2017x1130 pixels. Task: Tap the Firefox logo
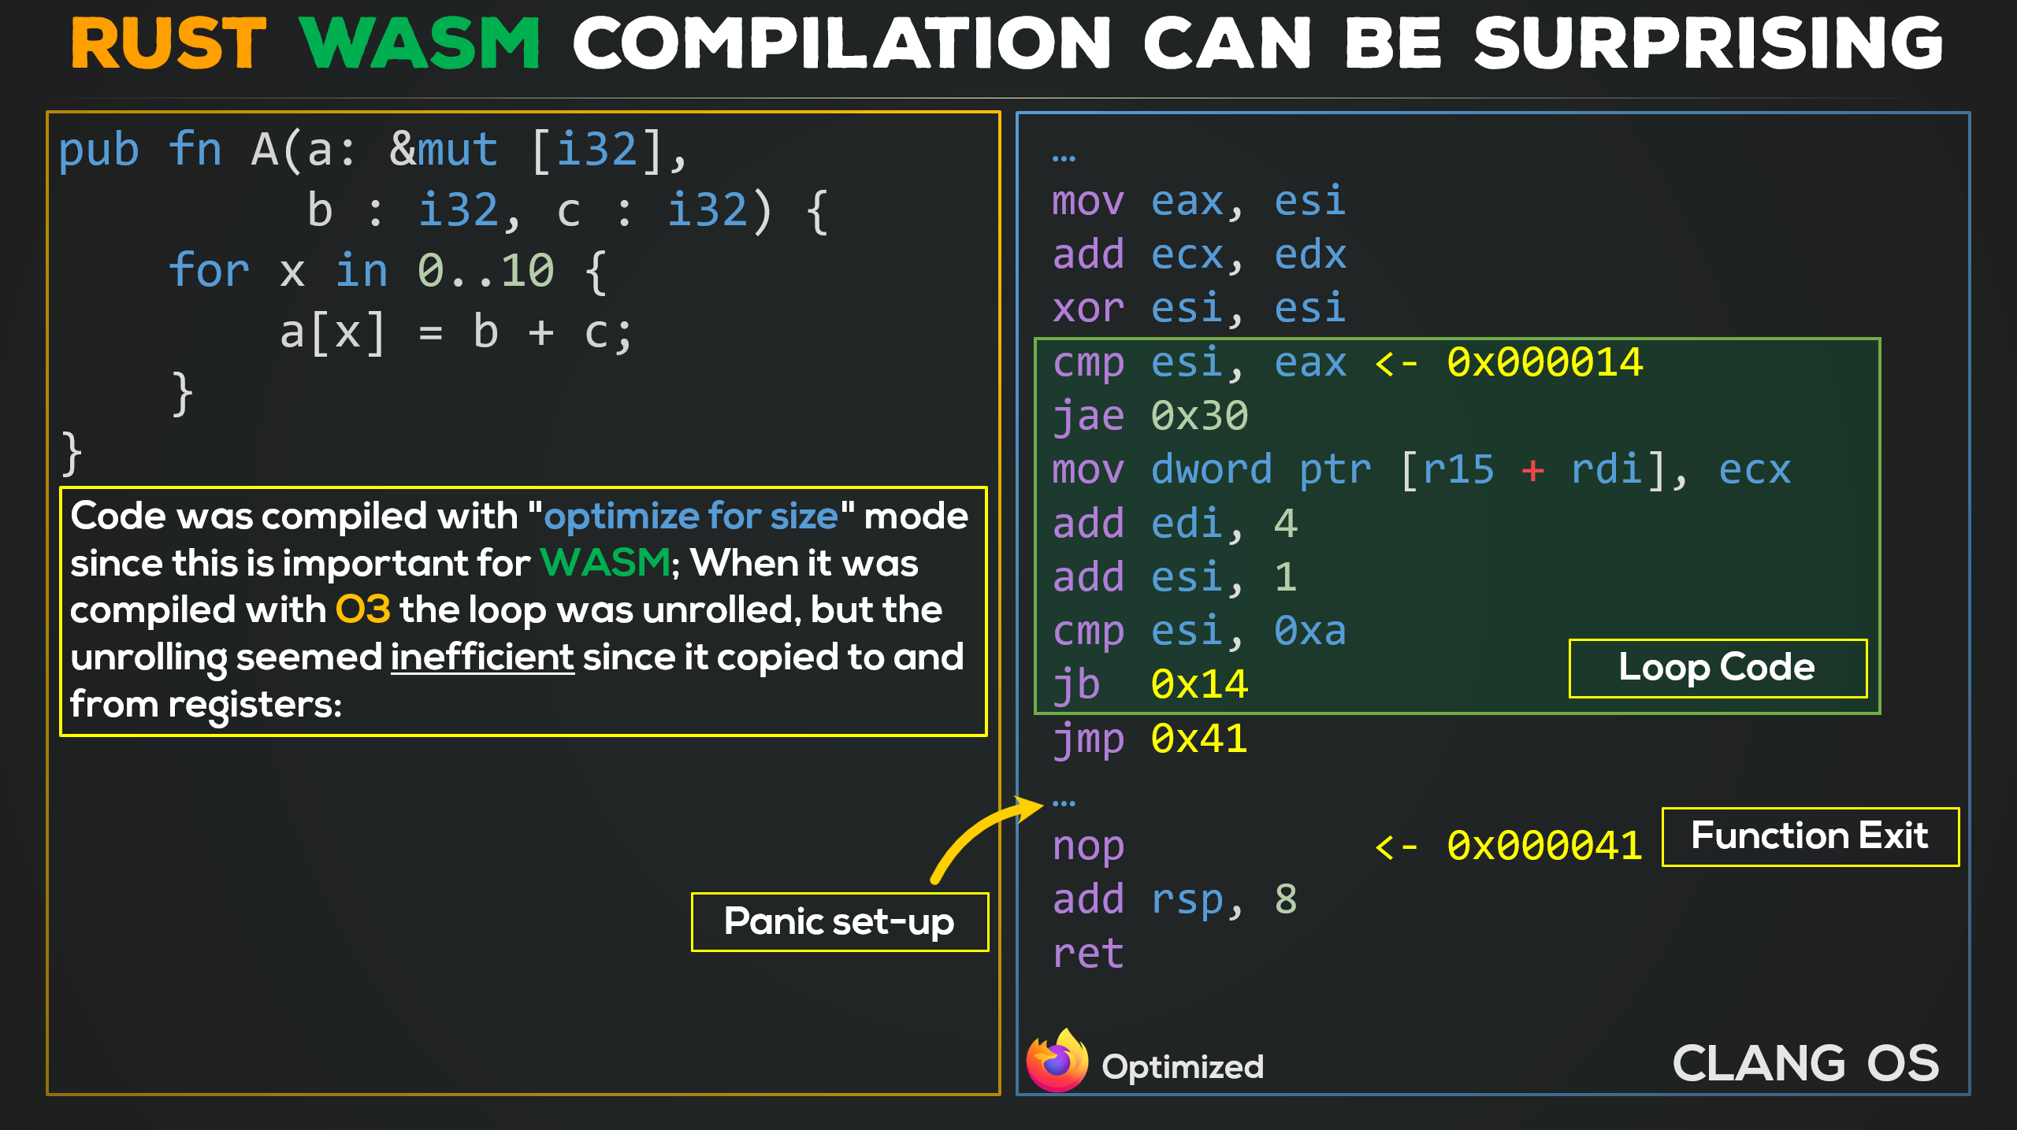click(1057, 1060)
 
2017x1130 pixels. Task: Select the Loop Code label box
click(1718, 668)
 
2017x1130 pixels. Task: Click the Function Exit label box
click(1810, 836)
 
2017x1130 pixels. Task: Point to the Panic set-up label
click(840, 922)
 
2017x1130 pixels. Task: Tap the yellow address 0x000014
click(1544, 363)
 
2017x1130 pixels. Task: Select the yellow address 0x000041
click(1544, 847)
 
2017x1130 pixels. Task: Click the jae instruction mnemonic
click(1088, 417)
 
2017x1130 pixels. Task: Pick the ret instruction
click(1088, 954)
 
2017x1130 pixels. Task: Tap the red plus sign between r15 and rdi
click(1532, 471)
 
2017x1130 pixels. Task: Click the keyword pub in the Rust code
click(99, 150)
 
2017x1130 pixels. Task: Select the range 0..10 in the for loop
click(485, 272)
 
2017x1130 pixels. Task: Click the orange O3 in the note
click(362, 609)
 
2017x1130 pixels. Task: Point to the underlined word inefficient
click(482, 657)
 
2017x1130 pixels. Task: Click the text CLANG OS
click(1805, 1064)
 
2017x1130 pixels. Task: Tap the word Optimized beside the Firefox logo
click(1183, 1067)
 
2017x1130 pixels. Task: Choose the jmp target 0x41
click(1199, 739)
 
